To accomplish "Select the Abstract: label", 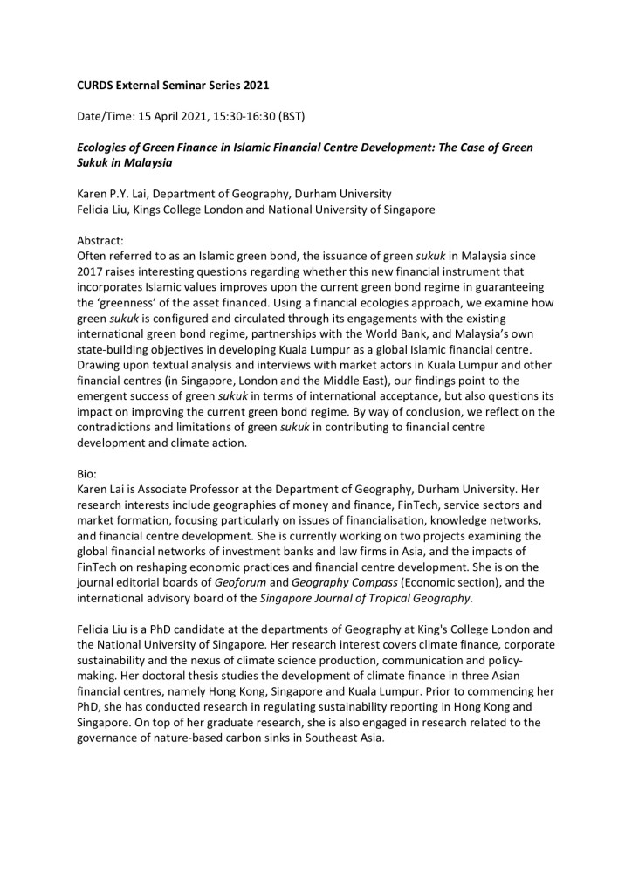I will pos(102,238).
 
